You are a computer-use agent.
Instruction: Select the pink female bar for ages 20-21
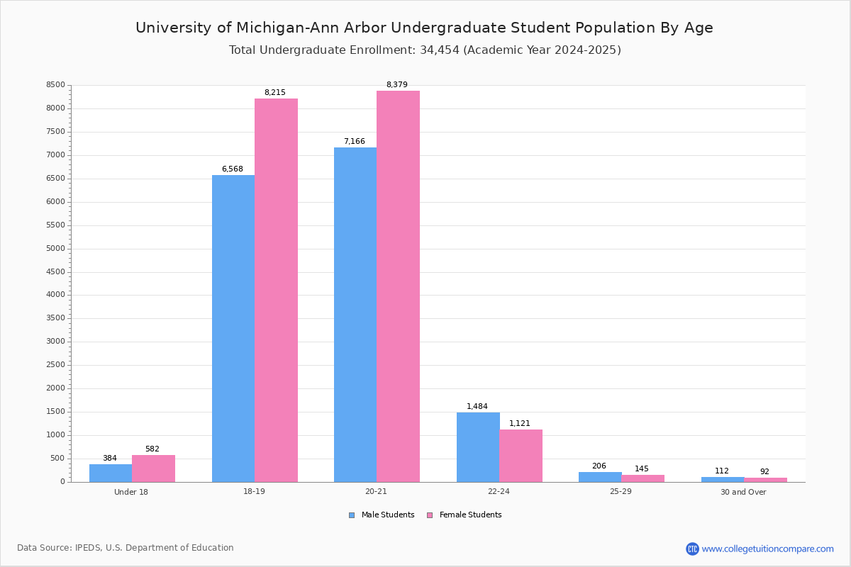(398, 286)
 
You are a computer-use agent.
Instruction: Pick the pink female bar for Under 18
(153, 468)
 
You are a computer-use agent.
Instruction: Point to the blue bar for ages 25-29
(600, 477)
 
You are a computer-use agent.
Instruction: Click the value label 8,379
(397, 85)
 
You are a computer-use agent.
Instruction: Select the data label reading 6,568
(233, 169)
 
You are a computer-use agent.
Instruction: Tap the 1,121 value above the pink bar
(520, 424)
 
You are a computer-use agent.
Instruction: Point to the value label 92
(764, 472)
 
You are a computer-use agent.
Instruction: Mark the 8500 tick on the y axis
(56, 85)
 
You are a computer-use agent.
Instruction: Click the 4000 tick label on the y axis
(56, 295)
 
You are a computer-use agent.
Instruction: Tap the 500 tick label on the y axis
(58, 459)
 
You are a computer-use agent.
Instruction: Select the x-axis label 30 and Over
(743, 493)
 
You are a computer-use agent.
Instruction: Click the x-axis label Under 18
(131, 493)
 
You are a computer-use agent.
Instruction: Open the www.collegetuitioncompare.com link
(767, 549)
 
